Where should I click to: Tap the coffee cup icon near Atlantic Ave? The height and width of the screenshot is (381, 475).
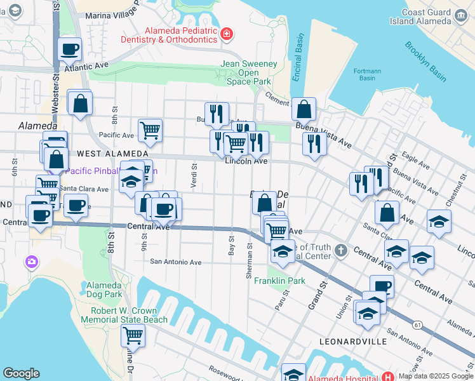(70, 49)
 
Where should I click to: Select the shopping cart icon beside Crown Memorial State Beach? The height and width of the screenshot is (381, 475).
(133, 335)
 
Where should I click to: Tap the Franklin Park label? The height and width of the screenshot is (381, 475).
(280, 281)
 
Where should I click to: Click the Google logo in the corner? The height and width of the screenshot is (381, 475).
(21, 373)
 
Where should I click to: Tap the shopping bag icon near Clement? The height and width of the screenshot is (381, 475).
(304, 109)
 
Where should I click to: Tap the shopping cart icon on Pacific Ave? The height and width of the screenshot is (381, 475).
(150, 131)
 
